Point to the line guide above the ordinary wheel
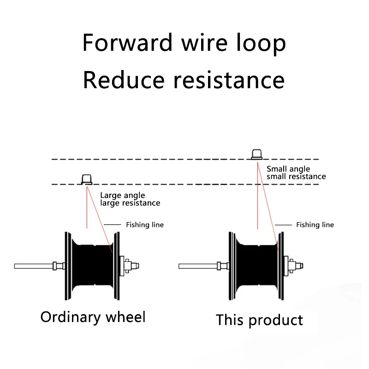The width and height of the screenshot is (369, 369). click(x=86, y=179)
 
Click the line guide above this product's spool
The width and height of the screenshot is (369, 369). click(x=257, y=154)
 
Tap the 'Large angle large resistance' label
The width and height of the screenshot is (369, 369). click(x=130, y=199)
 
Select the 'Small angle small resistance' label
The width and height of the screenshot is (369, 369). click(x=296, y=173)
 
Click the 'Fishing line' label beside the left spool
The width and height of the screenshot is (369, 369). click(x=144, y=225)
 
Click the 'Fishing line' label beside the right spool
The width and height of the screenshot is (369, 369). click(x=315, y=225)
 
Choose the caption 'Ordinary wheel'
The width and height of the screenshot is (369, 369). click(x=93, y=317)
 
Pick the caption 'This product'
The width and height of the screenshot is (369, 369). click(x=259, y=320)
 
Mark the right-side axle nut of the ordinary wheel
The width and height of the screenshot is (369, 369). click(x=131, y=266)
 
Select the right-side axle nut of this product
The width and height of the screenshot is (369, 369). click(x=296, y=266)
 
